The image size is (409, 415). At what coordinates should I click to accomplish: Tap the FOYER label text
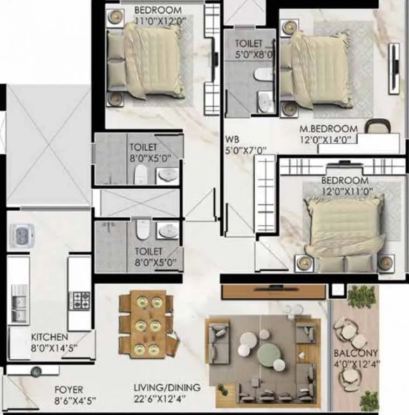[69, 390]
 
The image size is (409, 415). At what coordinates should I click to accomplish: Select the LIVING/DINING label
[167, 387]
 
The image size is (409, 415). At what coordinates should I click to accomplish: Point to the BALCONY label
[352, 353]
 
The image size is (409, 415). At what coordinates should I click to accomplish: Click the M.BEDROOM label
[329, 129]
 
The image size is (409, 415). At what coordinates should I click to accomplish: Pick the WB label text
[232, 139]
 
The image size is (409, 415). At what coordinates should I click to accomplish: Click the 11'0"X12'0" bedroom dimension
[158, 21]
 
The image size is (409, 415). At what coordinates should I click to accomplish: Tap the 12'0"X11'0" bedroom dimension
[345, 190]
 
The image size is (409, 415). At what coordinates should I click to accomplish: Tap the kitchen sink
[18, 309]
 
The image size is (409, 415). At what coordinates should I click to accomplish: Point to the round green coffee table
[269, 354]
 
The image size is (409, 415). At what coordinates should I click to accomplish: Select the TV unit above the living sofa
[274, 292]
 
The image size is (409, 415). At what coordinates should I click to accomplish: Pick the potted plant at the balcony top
[362, 296]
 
